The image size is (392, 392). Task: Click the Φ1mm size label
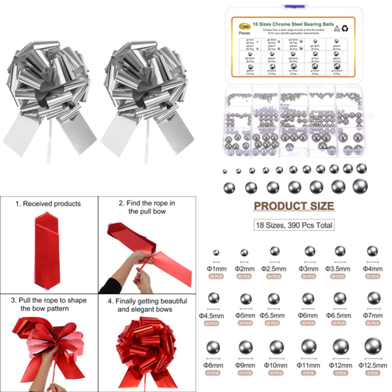(x=217, y=269)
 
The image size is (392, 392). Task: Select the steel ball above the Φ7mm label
(x=373, y=298)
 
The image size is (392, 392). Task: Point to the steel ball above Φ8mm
(x=213, y=347)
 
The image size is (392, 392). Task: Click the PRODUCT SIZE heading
(x=294, y=206)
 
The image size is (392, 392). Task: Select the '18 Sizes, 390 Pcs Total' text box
(x=294, y=225)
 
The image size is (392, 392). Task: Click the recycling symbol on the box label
(x=345, y=28)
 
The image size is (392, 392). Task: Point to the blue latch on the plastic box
(x=294, y=7)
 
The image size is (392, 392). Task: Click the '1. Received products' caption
(x=48, y=204)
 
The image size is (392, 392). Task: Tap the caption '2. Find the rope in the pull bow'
(x=147, y=207)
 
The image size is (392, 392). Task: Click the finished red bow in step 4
(x=147, y=350)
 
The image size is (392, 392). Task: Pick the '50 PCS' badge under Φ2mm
(x=244, y=277)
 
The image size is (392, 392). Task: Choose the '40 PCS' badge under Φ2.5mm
(x=274, y=277)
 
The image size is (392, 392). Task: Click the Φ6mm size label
(x=308, y=315)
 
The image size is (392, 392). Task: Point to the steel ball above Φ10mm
(x=277, y=347)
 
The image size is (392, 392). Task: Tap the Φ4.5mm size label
(x=211, y=315)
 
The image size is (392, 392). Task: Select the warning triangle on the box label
(x=336, y=28)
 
